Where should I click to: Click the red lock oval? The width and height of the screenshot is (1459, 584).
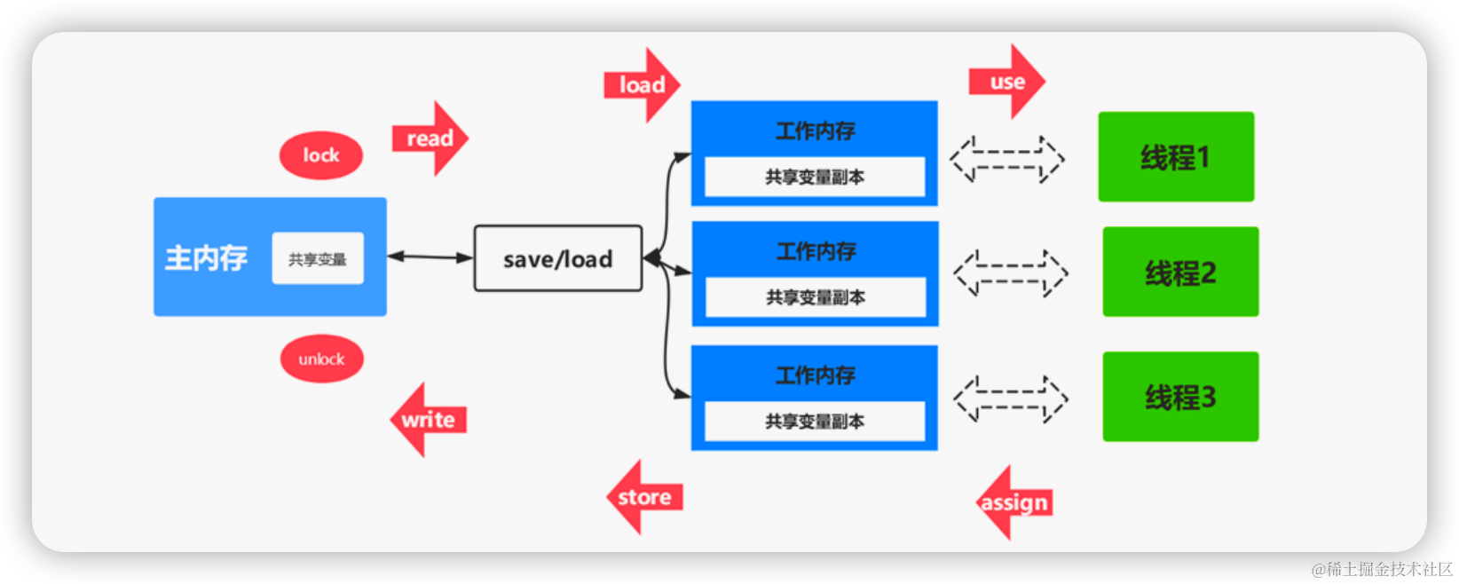[321, 155]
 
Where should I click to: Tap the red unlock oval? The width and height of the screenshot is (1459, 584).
[321, 359]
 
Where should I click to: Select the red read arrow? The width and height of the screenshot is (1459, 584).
[430, 138]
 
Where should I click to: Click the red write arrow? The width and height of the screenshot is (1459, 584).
[428, 420]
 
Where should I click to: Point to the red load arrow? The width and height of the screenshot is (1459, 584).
[643, 85]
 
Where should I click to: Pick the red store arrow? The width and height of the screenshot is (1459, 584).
[644, 497]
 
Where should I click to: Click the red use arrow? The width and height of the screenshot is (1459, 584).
[1007, 82]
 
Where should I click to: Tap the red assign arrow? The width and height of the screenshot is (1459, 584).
[1014, 502]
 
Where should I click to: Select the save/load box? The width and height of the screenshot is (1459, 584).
[557, 258]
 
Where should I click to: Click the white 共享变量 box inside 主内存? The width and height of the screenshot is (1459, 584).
[317, 258]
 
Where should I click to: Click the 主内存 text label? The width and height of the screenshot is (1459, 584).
[206, 258]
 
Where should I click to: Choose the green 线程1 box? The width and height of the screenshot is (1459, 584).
[1176, 157]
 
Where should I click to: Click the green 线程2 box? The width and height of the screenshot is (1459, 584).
[1180, 272]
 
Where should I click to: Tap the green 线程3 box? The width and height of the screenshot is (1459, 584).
[1180, 397]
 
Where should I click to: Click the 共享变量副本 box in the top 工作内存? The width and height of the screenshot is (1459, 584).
[815, 177]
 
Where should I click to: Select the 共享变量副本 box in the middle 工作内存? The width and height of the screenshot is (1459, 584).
[815, 297]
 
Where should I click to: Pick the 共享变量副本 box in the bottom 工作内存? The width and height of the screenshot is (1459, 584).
[815, 421]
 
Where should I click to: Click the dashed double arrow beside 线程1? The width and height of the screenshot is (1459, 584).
[1007, 160]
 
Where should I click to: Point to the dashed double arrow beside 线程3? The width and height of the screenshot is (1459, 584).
[1010, 399]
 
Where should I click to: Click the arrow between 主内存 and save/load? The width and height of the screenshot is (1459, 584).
[430, 256]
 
